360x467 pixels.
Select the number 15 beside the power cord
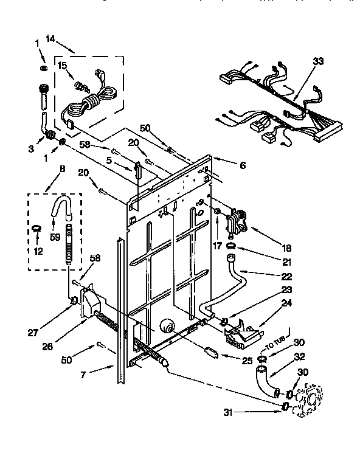click(x=63, y=65)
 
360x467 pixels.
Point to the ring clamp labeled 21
click(x=231, y=246)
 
